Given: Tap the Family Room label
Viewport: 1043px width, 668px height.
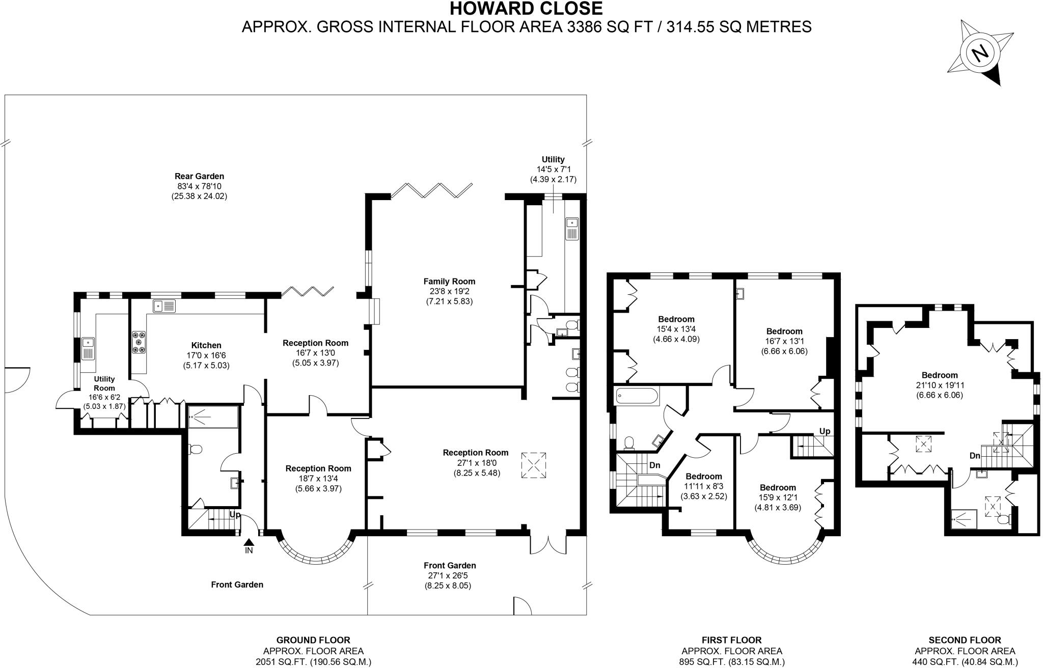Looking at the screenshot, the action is (449, 281).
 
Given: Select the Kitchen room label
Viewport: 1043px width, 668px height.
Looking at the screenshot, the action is (206, 345).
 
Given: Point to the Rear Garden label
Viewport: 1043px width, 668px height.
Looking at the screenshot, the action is (199, 176).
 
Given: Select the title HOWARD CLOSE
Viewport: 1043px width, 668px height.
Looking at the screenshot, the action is (526, 9).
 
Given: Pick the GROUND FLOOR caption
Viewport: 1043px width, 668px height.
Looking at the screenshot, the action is (313, 640).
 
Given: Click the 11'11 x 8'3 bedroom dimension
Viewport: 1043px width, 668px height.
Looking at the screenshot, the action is (704, 486).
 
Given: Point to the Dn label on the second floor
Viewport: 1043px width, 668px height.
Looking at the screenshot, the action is (975, 456).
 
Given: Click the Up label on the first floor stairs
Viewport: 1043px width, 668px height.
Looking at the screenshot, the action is (825, 431).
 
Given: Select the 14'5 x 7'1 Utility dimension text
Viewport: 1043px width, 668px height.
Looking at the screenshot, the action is (553, 170).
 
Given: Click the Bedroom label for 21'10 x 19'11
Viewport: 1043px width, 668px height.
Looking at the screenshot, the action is (940, 375).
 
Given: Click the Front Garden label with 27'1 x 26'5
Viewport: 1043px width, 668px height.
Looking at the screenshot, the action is (450, 565).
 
